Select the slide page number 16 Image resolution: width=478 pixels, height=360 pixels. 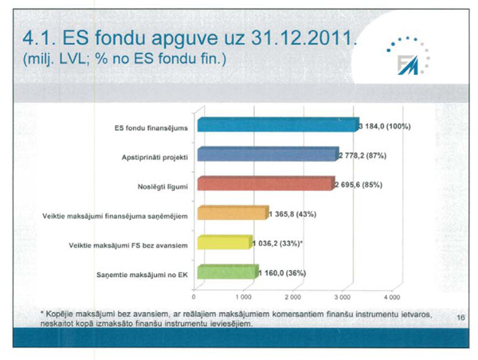[461, 318]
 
